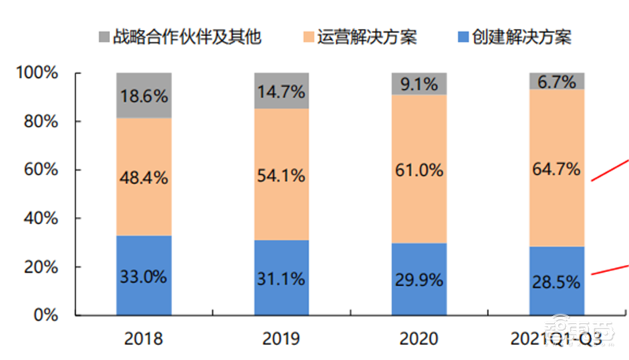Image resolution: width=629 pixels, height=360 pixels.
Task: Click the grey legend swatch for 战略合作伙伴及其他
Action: pos(105,36)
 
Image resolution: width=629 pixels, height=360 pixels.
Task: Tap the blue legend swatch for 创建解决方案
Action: pos(464,36)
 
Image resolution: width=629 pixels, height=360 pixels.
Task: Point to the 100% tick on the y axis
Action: pos(38,74)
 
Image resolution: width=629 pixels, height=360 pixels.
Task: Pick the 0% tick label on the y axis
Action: pos(46,315)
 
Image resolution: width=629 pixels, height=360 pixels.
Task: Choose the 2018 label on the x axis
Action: pos(144,339)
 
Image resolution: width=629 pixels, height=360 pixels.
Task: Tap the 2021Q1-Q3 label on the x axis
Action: pos(557,339)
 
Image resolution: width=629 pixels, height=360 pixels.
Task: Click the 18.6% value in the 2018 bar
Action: pos(144,97)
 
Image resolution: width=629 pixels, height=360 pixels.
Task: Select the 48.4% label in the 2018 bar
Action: pos(144,177)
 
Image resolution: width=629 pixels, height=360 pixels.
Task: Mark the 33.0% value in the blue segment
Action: pos(144,277)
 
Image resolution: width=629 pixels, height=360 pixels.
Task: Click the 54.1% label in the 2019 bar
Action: pos(281,175)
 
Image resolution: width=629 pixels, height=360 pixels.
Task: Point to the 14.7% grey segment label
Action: pos(281,92)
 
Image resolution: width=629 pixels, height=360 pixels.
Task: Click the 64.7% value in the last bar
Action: pos(556,168)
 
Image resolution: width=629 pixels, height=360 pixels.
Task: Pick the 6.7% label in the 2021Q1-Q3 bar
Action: pos(556,81)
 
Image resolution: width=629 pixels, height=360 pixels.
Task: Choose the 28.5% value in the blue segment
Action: pos(556,282)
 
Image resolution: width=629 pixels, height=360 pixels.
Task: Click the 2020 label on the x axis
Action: pos(418,339)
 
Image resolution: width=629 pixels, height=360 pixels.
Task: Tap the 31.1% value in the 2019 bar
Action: pos(281,279)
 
